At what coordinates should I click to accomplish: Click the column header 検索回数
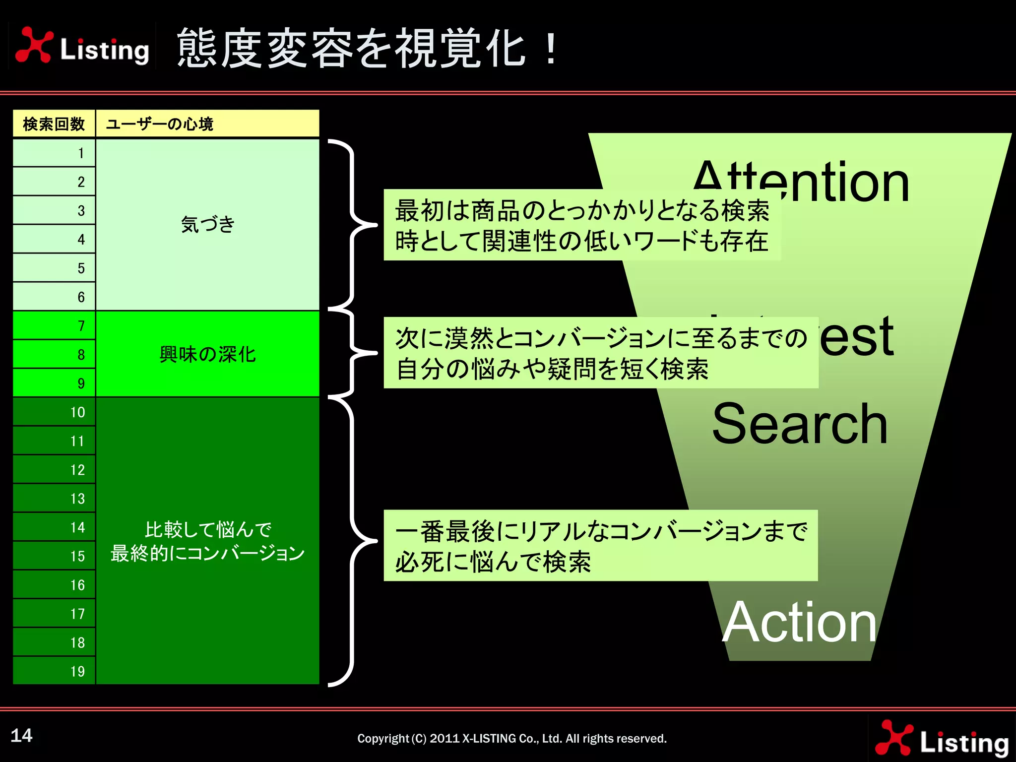[54, 124]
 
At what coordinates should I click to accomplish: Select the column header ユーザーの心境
[159, 124]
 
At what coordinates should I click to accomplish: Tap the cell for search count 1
[54, 153]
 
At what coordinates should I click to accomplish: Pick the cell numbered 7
[54, 325]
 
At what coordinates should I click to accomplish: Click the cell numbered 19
[54, 671]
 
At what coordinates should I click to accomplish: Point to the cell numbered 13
[54, 498]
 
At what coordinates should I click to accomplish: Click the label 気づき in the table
[207, 224]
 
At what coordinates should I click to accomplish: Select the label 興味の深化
[207, 354]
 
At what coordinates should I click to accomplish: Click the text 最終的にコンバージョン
[207, 553]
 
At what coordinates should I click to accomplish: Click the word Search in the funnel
[800, 424]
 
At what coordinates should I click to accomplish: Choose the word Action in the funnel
[800, 622]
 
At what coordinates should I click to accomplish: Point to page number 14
[22, 735]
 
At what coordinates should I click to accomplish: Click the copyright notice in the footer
[512, 738]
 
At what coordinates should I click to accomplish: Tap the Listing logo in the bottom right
[942, 739]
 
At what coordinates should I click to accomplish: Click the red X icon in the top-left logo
[34, 45]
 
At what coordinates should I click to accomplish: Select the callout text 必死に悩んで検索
[493, 563]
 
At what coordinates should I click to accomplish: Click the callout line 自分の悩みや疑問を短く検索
[553, 369]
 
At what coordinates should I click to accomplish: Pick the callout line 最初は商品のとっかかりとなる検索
[581, 210]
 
